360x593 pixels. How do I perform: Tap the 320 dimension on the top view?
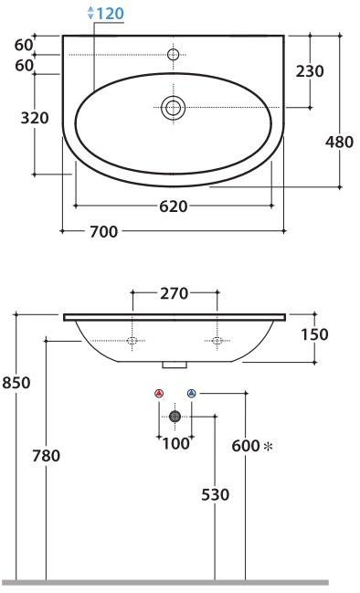coord(34,120)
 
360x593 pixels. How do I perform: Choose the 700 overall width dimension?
coord(103,231)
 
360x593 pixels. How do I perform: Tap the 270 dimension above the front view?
coord(174,293)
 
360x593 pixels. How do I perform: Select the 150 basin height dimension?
coord(314,334)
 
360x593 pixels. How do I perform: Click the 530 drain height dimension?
coord(214,494)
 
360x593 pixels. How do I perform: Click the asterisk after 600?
coord(268,446)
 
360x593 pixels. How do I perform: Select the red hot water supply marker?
coord(160,393)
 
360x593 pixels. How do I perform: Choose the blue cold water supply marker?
coord(191,393)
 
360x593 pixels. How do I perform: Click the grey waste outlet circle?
coord(175,416)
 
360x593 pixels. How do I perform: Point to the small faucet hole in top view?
coord(174,55)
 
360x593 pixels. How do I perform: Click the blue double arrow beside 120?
coord(90,13)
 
